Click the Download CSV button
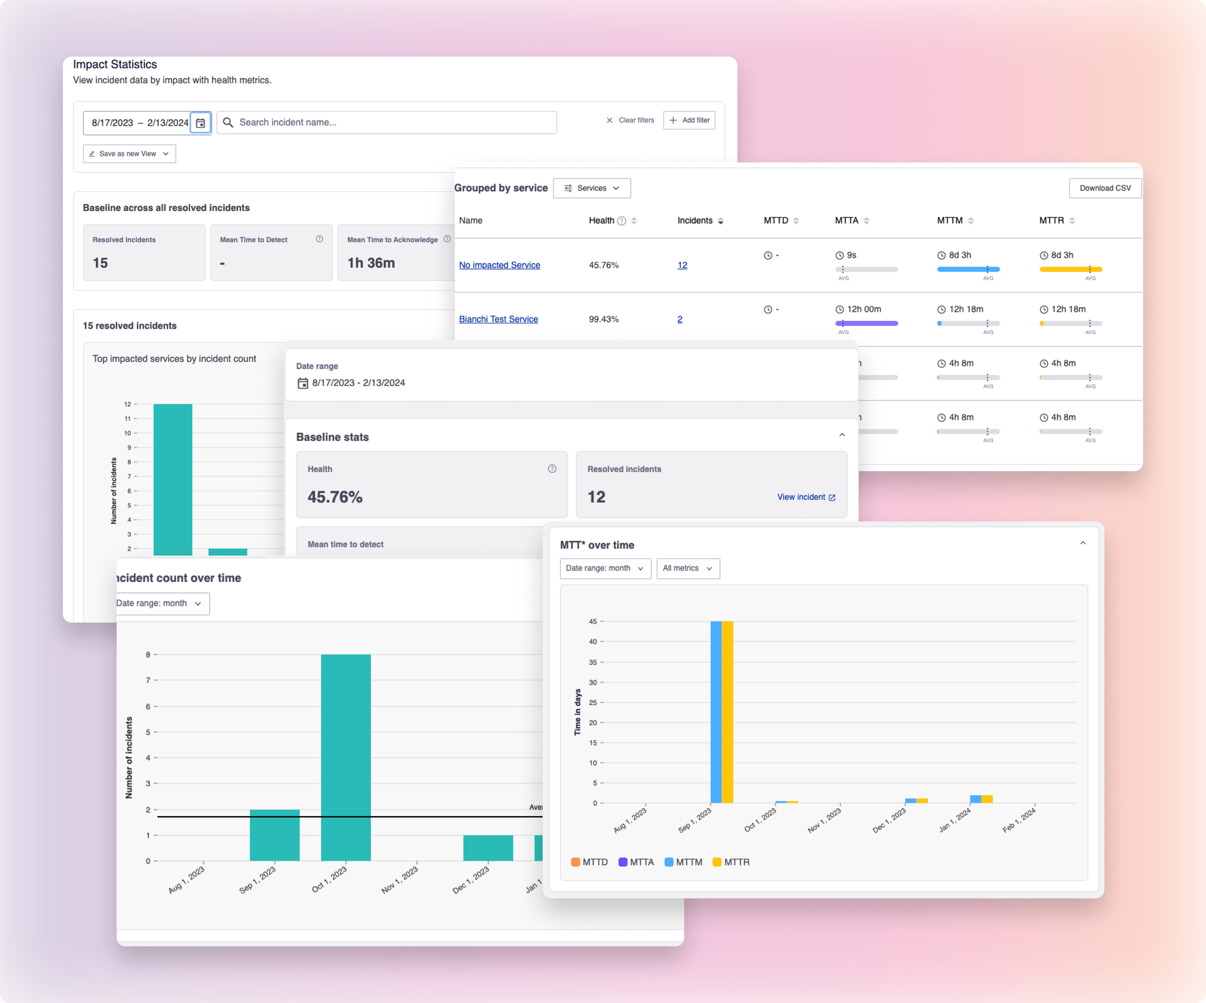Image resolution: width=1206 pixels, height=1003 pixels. [1105, 188]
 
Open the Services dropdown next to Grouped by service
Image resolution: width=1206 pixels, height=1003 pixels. [592, 188]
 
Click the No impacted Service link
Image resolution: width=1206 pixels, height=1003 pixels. [499, 265]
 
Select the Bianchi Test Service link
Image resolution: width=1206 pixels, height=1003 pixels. [498, 319]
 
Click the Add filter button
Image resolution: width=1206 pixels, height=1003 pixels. [689, 120]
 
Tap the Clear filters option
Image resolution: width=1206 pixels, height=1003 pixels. [630, 120]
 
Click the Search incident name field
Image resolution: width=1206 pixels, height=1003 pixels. [387, 122]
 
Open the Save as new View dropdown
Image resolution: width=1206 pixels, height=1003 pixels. [129, 154]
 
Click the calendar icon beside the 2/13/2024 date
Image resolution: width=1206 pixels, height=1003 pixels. [201, 123]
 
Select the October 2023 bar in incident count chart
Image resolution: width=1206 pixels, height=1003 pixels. [346, 757]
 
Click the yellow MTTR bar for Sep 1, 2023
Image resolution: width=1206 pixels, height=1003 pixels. [727, 712]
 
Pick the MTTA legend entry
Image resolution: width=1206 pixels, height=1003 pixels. [636, 862]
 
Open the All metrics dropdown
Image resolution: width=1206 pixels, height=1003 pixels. [687, 568]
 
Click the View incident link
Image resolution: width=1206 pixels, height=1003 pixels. [806, 497]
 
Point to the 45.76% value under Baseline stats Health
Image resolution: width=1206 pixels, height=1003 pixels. [335, 497]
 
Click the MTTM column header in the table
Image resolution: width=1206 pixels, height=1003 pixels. [950, 221]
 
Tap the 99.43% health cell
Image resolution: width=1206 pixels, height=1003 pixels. [604, 319]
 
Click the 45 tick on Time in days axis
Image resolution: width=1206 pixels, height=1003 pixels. [593, 621]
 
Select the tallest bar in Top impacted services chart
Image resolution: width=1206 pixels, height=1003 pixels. [172, 479]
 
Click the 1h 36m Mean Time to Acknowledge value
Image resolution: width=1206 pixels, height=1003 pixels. [371, 263]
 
